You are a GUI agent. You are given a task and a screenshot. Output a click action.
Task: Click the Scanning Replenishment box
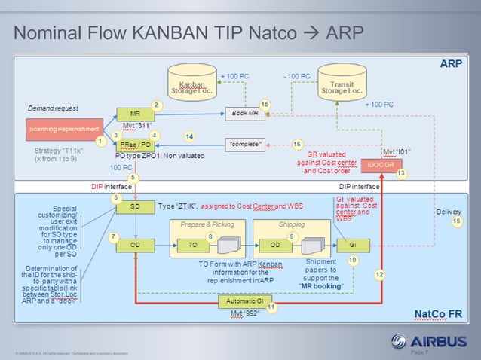pyautogui.click(x=65, y=129)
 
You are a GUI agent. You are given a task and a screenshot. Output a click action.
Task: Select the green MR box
pyautogui.click(x=135, y=114)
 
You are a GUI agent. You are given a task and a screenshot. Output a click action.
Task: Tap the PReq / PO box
pyautogui.click(x=135, y=144)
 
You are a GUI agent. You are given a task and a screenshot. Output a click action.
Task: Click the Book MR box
pyautogui.click(x=247, y=114)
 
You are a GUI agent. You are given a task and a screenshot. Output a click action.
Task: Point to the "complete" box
pyautogui.click(x=247, y=144)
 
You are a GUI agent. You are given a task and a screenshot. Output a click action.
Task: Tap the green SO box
pyautogui.click(x=135, y=206)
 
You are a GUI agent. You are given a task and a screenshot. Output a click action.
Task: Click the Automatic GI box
pyautogui.click(x=244, y=301)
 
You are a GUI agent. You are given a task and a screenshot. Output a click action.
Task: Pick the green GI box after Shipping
pyautogui.click(x=352, y=245)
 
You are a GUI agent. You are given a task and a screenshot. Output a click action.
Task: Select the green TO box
pyautogui.click(x=192, y=245)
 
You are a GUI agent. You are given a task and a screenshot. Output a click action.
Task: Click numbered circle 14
pyautogui.click(x=189, y=136)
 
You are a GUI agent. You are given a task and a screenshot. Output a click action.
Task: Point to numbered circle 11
pyautogui.click(x=271, y=307)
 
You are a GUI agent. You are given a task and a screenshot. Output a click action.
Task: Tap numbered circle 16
pyautogui.click(x=298, y=144)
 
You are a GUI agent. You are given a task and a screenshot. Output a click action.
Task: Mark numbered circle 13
pyautogui.click(x=401, y=174)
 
